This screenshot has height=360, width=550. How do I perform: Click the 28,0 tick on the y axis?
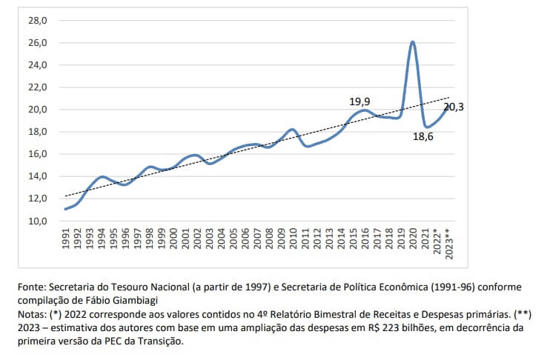38,20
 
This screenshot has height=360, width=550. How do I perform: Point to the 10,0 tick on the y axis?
38,221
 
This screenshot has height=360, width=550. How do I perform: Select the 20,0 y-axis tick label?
38,110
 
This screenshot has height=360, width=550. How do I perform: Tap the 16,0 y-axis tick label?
38,154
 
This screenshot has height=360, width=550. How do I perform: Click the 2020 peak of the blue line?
412,41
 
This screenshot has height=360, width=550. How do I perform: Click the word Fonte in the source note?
34,287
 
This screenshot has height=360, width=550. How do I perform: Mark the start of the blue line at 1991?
66,209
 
